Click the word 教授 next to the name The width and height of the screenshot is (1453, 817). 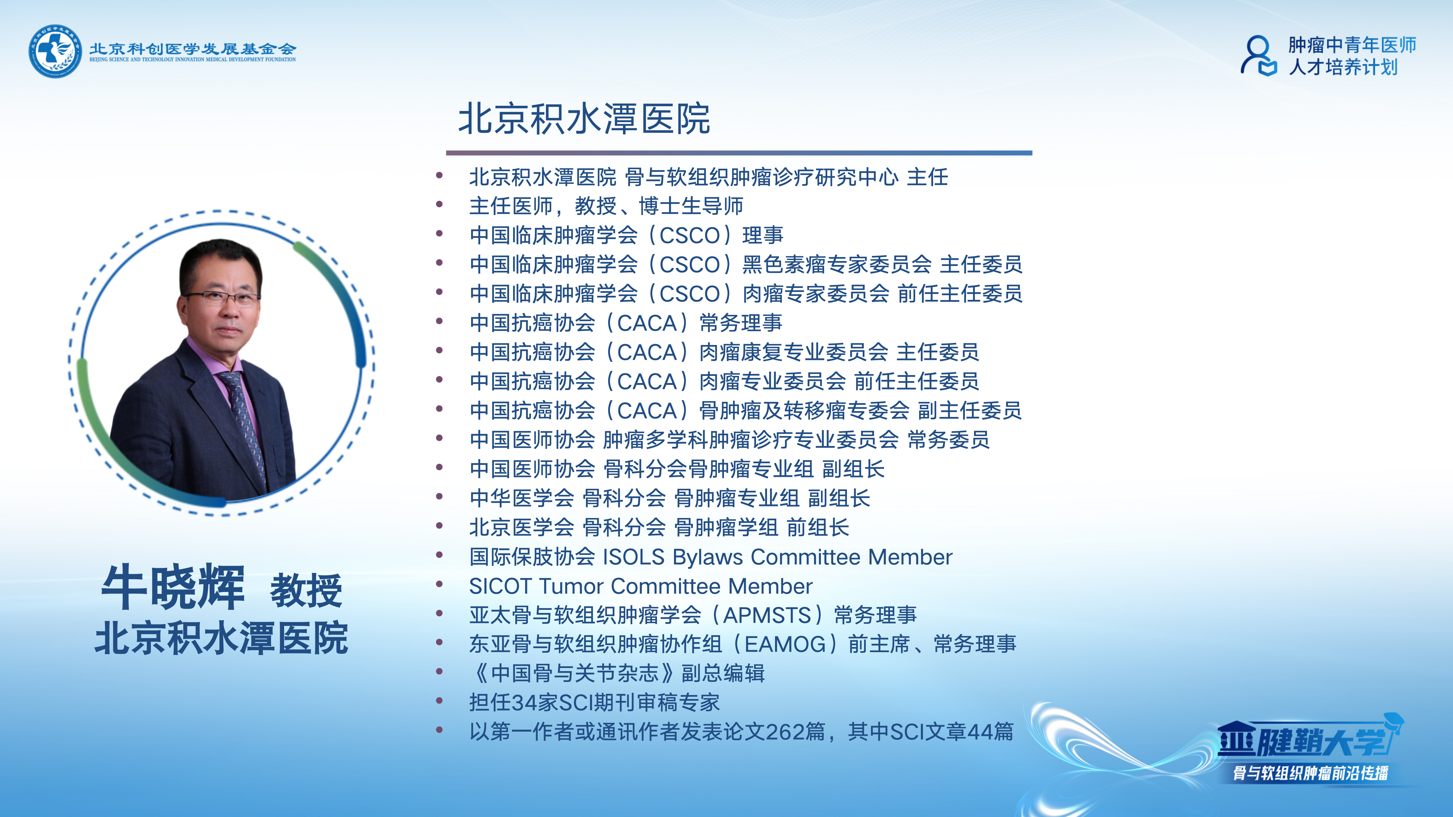[306, 590]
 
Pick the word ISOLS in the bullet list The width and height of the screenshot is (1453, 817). [634, 557]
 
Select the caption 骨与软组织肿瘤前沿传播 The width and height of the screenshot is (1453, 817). [1310, 773]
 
